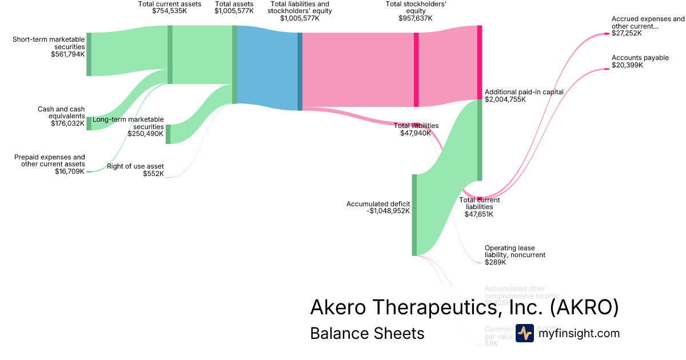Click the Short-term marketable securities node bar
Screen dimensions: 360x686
coord(89,54)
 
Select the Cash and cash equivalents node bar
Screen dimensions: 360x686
coord(89,123)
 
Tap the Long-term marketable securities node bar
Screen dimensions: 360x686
coord(168,134)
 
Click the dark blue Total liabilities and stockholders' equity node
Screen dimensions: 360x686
coord(300,71)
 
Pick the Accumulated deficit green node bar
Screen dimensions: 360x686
coord(414,215)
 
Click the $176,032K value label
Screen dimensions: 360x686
coord(67,123)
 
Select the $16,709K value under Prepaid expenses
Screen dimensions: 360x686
coord(70,171)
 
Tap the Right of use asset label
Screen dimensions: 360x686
coord(135,167)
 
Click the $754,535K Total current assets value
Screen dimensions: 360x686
coord(169,11)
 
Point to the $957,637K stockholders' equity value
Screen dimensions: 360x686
coord(416,18)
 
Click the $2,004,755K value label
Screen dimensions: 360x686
coord(505,99)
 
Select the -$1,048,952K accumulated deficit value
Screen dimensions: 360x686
coord(388,211)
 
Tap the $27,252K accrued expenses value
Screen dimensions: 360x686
coord(627,33)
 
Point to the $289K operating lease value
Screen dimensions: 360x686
coord(496,262)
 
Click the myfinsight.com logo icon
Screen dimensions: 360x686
coord(524,333)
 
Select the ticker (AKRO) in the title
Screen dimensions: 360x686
coord(584,307)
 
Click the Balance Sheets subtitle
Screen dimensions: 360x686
coord(367,333)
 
